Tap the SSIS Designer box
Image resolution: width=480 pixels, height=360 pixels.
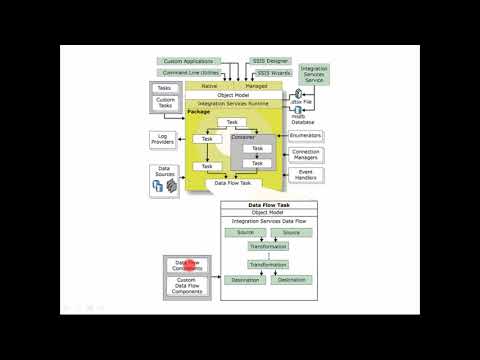[x=272, y=62]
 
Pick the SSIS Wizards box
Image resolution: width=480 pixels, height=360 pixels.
[x=272, y=74]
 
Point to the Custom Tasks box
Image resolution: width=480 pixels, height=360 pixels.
[x=166, y=103]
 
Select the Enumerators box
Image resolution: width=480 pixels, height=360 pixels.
[x=306, y=133]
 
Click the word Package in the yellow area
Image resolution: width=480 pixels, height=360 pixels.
[x=198, y=112]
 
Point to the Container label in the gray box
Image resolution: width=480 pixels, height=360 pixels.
[x=244, y=137]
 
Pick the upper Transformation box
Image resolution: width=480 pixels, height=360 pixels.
[x=267, y=246]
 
